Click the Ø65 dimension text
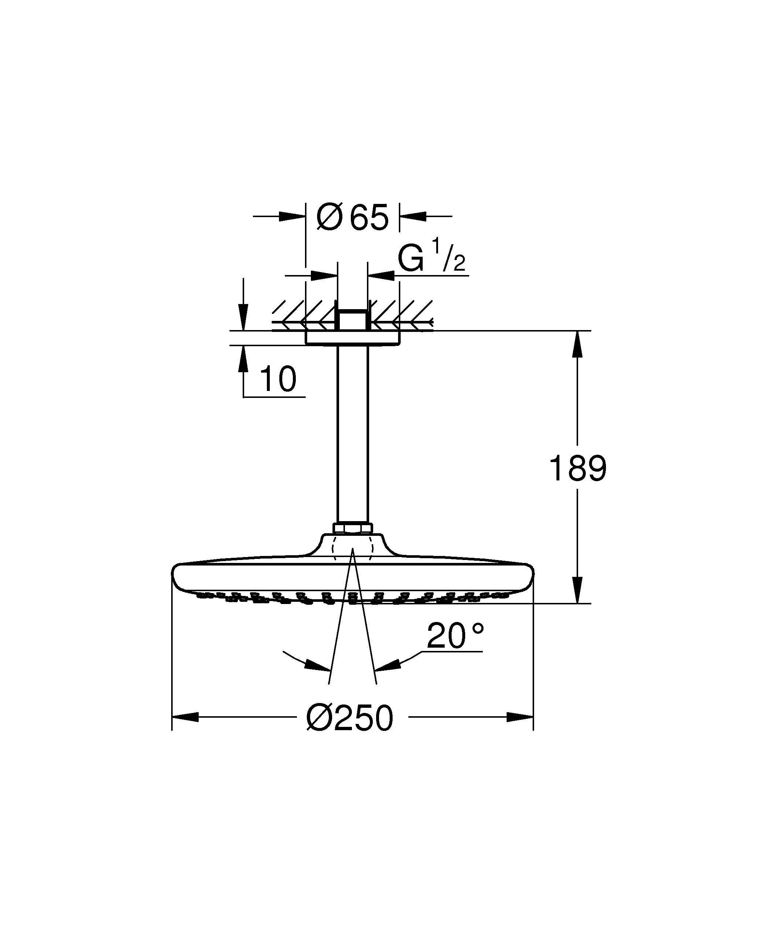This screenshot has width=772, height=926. (353, 217)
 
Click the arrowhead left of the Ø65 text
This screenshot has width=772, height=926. (293, 216)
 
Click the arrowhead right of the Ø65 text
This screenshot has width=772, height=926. (413, 216)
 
